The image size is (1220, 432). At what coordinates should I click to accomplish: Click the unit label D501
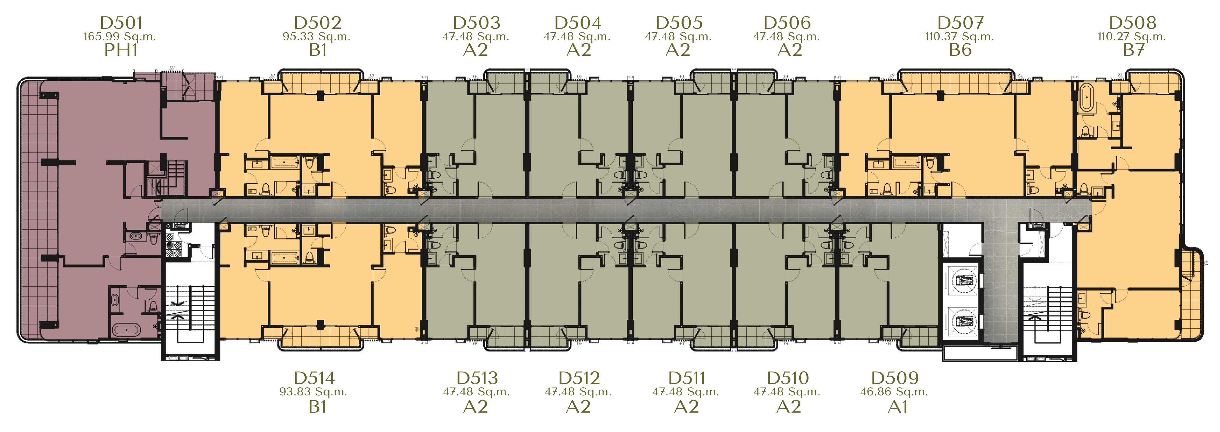pyautogui.click(x=121, y=23)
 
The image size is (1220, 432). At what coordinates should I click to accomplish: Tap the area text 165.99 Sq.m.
pyautogui.click(x=120, y=36)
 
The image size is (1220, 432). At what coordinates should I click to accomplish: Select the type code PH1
pyautogui.click(x=121, y=50)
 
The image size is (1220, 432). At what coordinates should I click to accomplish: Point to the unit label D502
pyautogui.click(x=317, y=23)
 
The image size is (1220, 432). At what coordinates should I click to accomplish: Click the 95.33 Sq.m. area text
pyautogui.click(x=316, y=36)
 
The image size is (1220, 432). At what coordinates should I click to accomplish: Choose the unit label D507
pyautogui.click(x=961, y=23)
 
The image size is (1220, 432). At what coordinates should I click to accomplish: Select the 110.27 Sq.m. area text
pyautogui.click(x=1132, y=36)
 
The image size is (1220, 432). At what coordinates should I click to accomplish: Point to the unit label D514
pyautogui.click(x=314, y=378)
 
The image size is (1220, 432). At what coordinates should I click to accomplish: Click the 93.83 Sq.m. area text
pyautogui.click(x=314, y=392)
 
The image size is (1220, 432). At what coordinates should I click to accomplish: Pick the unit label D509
pyautogui.click(x=895, y=378)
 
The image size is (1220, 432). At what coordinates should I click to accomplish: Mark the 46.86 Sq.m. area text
pyautogui.click(x=894, y=392)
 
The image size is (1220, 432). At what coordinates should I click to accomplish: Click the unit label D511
pyautogui.click(x=687, y=378)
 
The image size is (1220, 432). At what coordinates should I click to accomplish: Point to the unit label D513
pyautogui.click(x=477, y=378)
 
